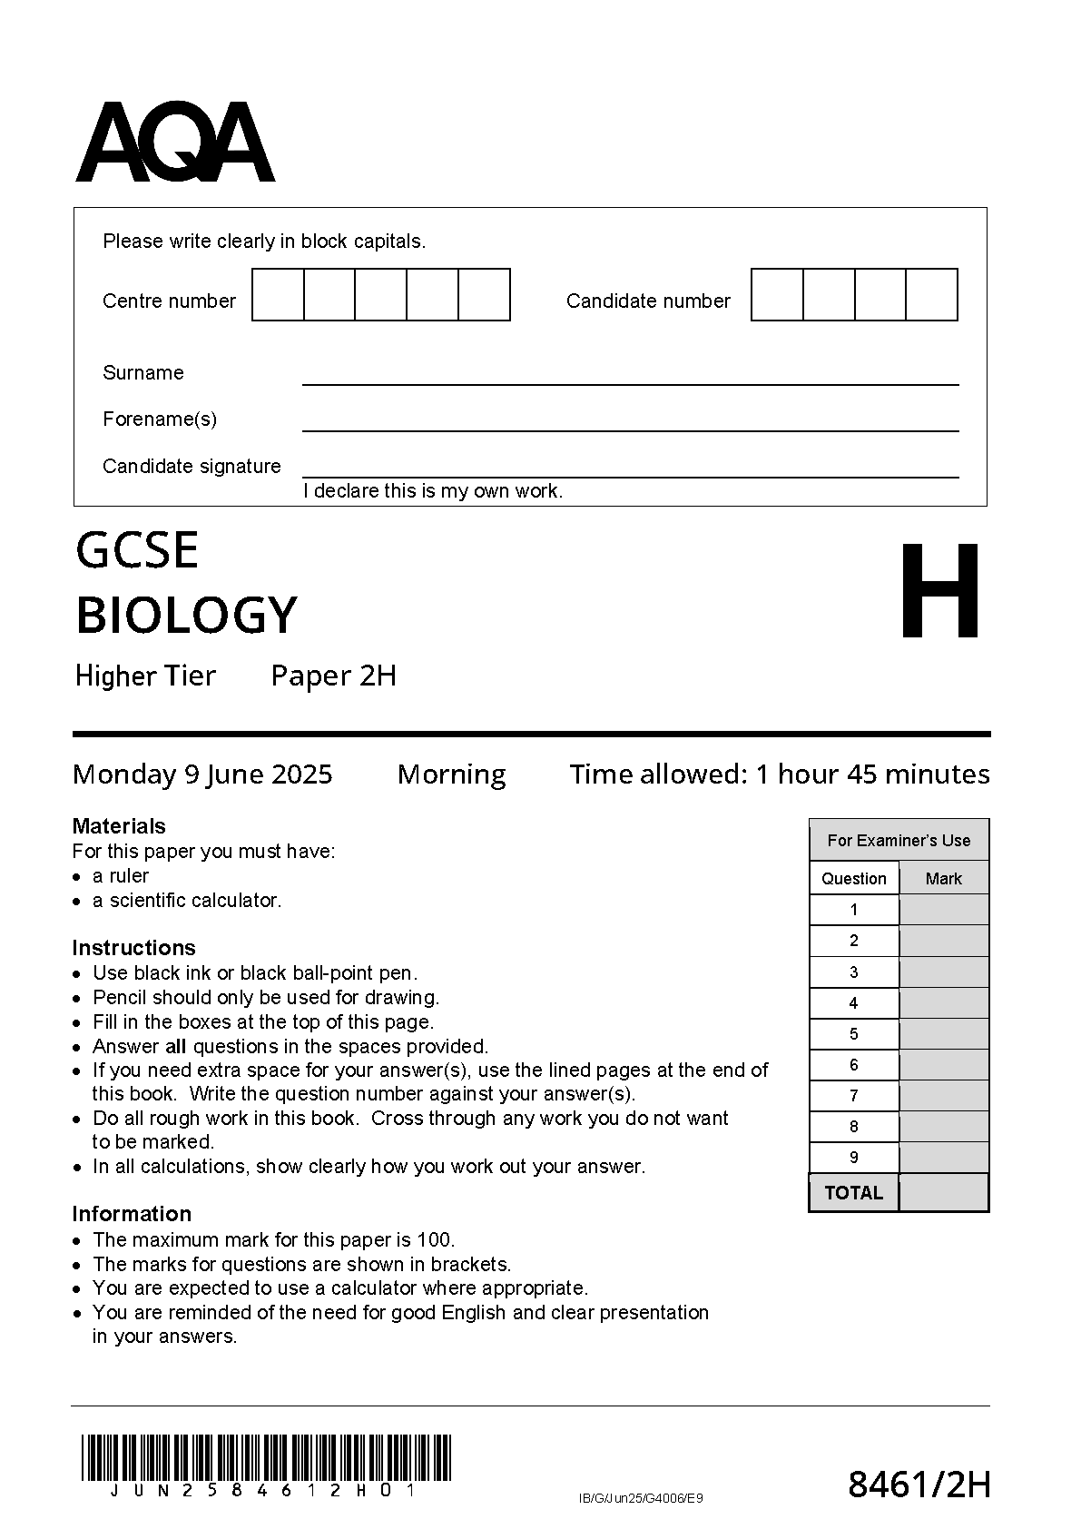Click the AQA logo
pos(174,143)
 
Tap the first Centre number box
pos(278,295)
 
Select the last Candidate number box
pos(931,295)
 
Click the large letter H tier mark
pos(940,590)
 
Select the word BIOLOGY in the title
pos(186,615)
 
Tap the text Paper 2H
pos(334,676)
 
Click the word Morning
pos(451,774)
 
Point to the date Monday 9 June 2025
pos(202,774)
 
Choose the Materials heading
pos(119,826)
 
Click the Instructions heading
pos(133,948)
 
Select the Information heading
pos(132,1214)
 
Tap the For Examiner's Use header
pos(899,841)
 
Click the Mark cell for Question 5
pos(944,1034)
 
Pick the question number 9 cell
pos(854,1158)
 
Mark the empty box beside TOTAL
pos(944,1193)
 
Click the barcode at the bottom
pos(266,1458)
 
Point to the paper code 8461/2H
pos(919,1485)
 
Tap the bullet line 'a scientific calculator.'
pos(187,901)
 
